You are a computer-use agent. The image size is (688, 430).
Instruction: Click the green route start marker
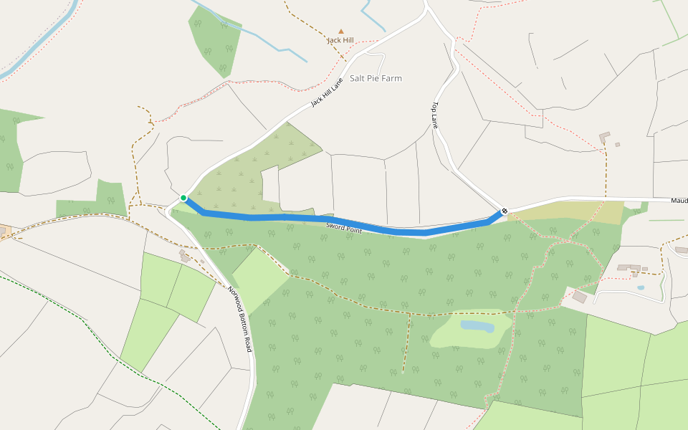coord(183,198)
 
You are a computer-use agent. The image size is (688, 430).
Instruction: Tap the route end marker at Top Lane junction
coord(505,211)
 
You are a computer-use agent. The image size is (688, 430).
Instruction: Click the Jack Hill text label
coord(340,40)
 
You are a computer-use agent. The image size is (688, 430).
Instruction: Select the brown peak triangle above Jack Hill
coord(341,32)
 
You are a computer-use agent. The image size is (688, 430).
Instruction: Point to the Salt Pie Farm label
coord(376,78)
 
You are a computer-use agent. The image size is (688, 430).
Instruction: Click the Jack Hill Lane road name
coord(328,92)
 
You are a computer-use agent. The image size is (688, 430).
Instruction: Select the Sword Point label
coord(344,227)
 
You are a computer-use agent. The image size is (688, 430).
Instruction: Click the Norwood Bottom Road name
coord(240,319)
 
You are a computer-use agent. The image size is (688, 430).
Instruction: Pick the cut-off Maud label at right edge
coord(679,201)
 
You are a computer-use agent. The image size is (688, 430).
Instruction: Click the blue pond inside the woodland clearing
coord(477,326)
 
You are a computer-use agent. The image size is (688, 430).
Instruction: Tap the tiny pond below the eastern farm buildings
coord(640,287)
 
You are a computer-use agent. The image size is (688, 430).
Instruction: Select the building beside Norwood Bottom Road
coord(184,255)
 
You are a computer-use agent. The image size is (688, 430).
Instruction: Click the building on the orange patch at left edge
coord(3,231)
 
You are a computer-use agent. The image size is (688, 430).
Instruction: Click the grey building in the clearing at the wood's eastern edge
coord(579,296)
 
